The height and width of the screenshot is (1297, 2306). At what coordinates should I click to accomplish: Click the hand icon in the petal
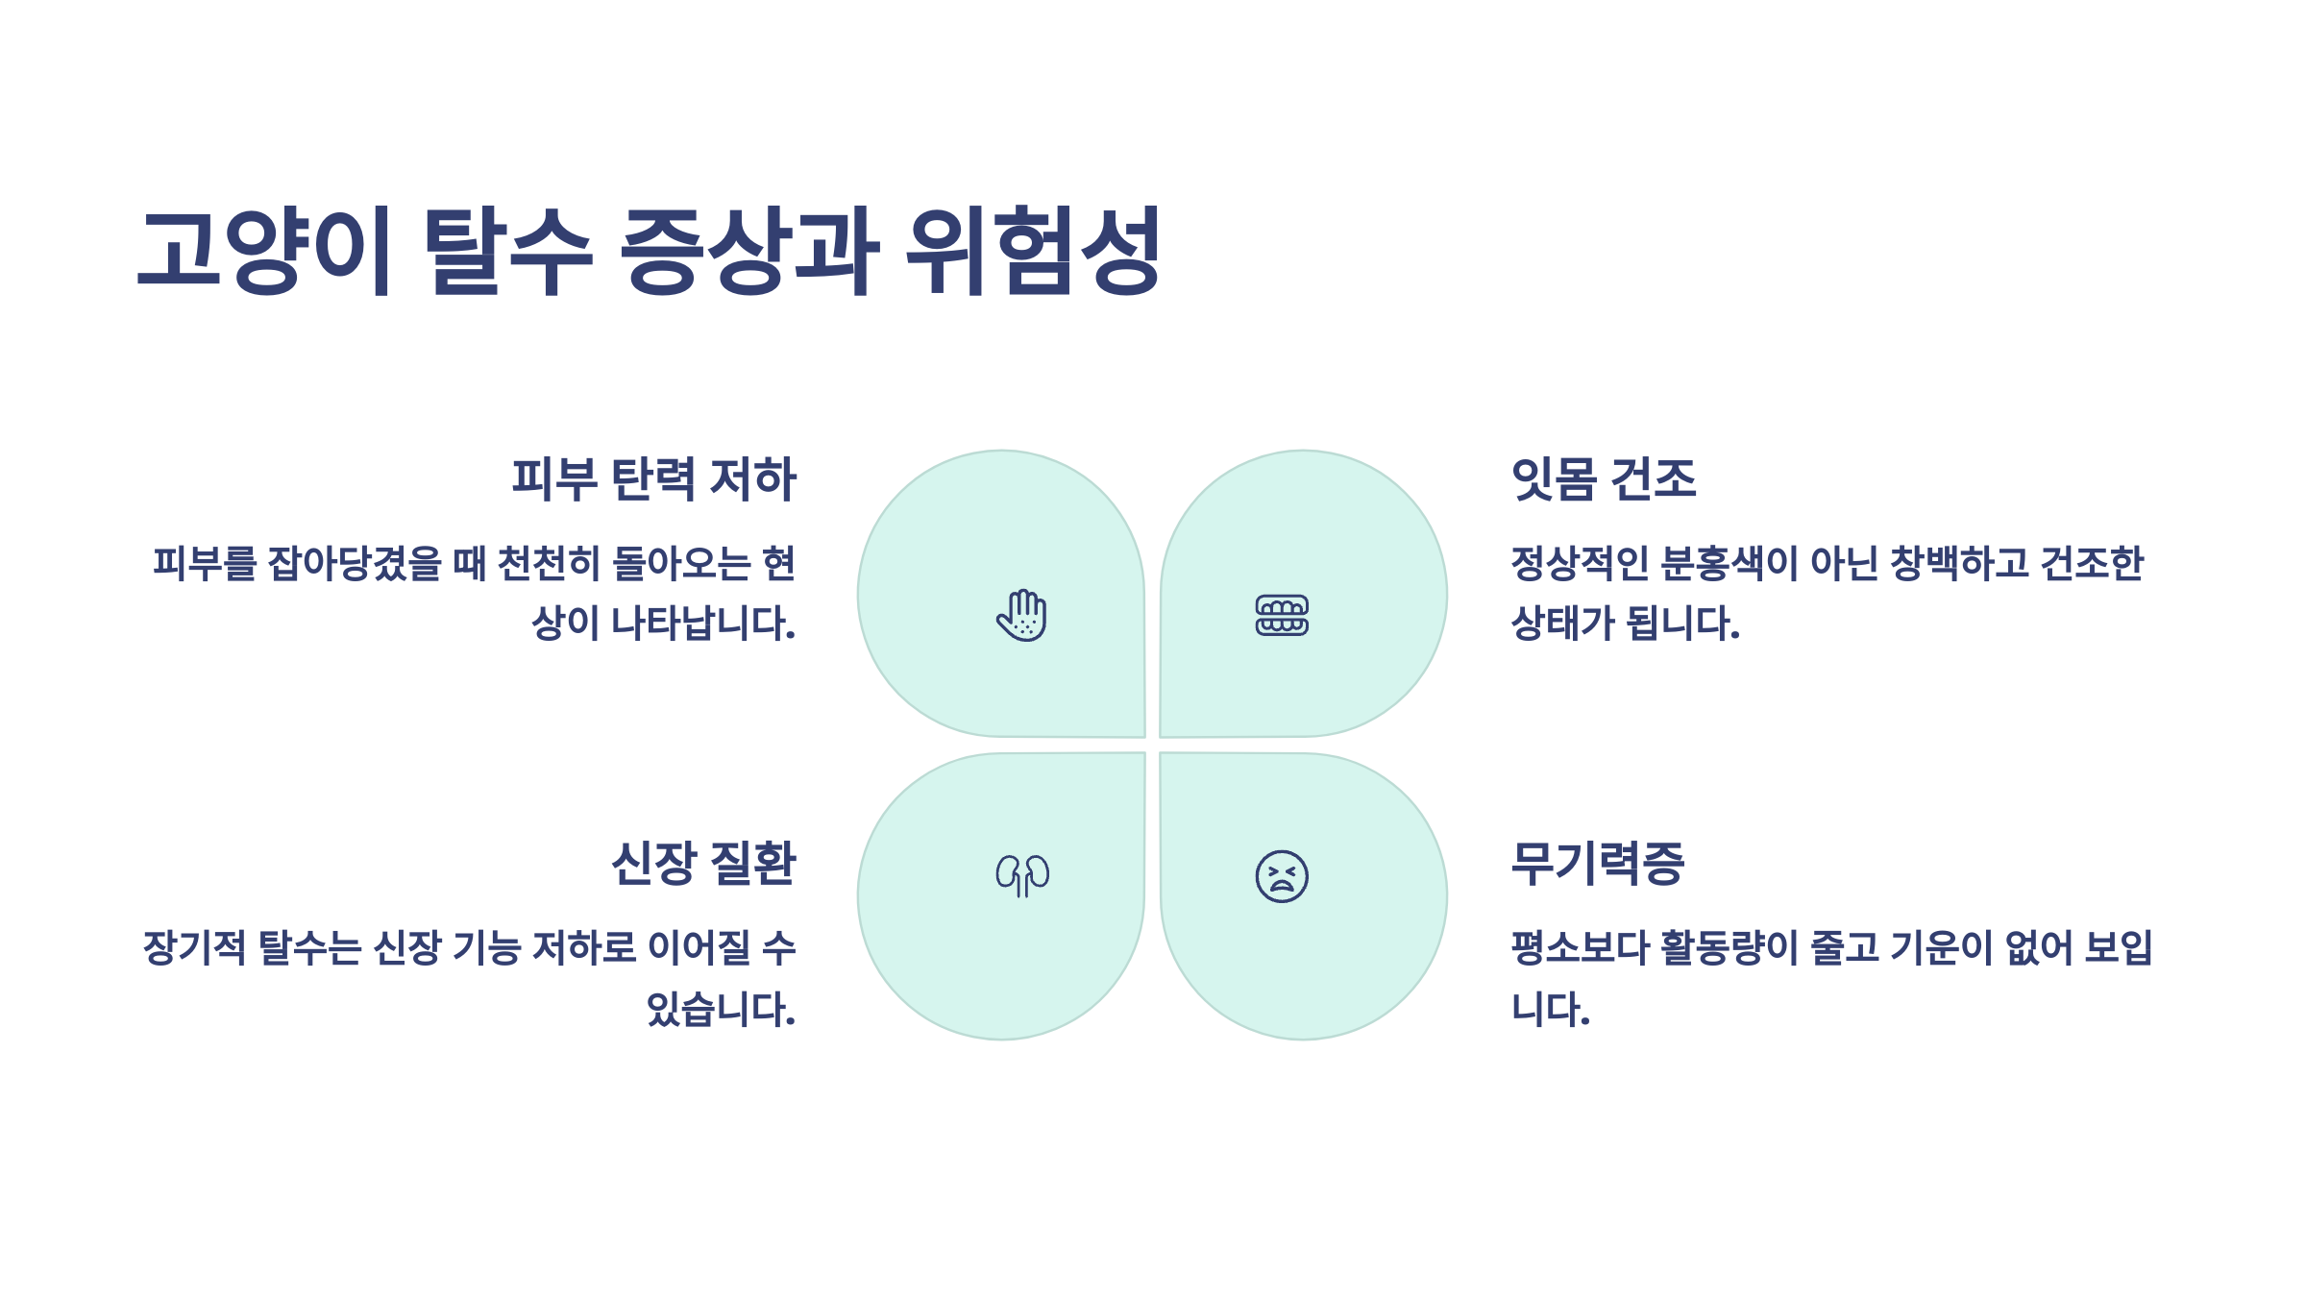click(1021, 615)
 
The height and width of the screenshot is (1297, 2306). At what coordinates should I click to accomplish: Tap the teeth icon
click(1282, 615)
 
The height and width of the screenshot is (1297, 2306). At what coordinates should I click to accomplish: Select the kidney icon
click(1022, 875)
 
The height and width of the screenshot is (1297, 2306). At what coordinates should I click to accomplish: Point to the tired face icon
click(1282, 876)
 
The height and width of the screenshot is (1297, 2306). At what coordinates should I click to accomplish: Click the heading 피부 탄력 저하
click(653, 478)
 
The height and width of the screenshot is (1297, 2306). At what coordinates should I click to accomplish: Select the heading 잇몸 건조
click(1604, 478)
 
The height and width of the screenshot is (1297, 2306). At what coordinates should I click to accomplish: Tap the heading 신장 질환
click(703, 863)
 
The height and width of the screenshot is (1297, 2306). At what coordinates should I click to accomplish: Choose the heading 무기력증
click(1598, 863)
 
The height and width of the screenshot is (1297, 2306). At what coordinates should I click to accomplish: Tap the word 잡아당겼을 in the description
click(355, 564)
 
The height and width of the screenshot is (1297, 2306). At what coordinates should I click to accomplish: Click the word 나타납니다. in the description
click(703, 624)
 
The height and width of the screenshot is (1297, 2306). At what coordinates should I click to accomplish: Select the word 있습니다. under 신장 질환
click(721, 1010)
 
